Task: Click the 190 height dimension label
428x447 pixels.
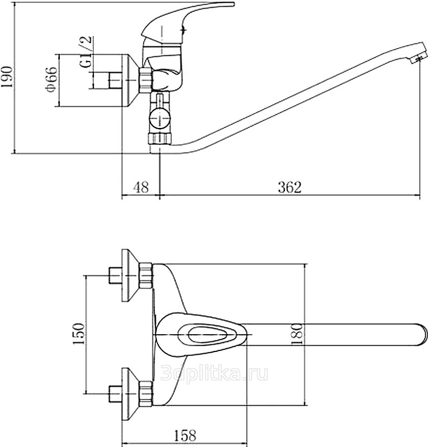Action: [7, 77]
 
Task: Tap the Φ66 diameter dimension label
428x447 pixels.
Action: [51, 79]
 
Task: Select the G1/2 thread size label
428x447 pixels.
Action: [86, 51]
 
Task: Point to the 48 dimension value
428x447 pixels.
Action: [141, 187]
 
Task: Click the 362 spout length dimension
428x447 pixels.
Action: [289, 187]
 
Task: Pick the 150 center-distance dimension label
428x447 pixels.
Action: [79, 334]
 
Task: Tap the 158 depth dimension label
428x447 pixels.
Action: [185, 436]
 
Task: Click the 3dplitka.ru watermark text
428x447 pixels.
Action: [215, 373]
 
